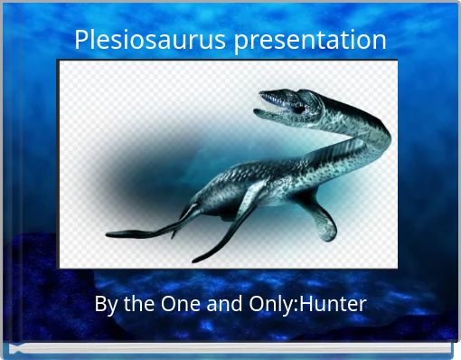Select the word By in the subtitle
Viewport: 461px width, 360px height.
click(105, 304)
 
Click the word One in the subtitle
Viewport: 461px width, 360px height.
click(176, 304)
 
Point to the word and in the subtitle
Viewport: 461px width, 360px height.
click(221, 304)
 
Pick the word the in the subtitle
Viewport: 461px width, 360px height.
click(136, 304)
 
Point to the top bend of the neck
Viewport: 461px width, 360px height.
click(375, 122)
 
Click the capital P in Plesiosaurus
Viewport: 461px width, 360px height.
click(80, 41)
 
